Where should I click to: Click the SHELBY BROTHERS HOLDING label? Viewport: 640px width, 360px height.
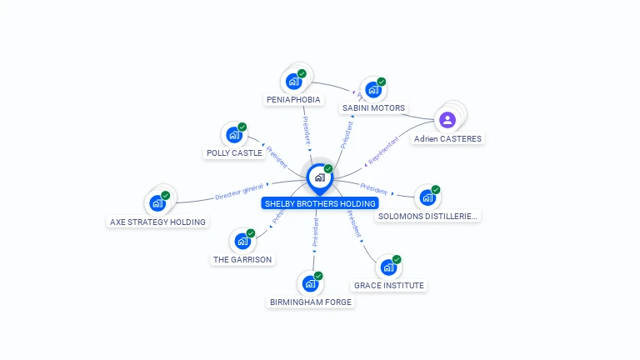tap(320, 203)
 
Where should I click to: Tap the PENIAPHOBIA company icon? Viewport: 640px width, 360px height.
tap(293, 82)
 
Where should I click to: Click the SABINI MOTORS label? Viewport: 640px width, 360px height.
tap(373, 108)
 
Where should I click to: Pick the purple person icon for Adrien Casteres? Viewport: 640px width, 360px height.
tap(447, 119)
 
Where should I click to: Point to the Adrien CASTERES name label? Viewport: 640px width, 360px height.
tap(447, 139)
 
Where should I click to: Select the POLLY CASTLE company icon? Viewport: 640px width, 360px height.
tap(233, 135)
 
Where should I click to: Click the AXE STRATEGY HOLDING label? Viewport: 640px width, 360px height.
tap(157, 222)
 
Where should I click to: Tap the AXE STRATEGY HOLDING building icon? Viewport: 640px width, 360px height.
tap(157, 202)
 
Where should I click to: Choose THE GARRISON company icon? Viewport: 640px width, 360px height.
tap(242, 241)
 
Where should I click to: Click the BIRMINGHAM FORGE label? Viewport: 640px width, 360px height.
tap(311, 302)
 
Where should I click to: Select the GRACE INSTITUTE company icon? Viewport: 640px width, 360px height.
tap(387, 267)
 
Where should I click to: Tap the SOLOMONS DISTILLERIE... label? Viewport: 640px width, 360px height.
tap(428, 217)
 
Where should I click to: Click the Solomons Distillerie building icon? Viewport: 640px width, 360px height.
tap(427, 197)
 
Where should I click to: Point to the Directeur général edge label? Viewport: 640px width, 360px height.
tap(239, 192)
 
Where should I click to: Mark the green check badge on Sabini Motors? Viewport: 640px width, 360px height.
tap(382, 82)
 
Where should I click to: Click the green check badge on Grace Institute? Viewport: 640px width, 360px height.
tap(397, 259)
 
